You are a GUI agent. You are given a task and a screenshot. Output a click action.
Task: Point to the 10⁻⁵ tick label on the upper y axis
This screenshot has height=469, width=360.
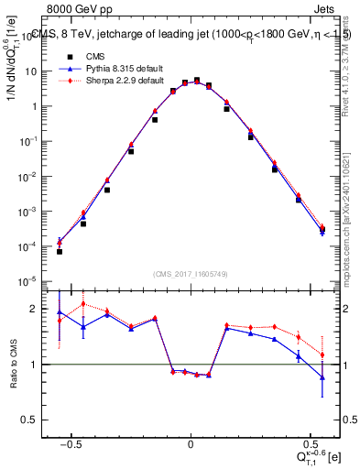35,280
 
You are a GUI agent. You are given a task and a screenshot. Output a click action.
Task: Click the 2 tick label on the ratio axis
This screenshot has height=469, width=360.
40,309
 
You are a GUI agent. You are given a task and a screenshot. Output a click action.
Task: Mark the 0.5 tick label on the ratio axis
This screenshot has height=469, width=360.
37,420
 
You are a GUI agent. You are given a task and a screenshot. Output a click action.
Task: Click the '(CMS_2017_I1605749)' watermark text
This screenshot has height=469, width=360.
191,275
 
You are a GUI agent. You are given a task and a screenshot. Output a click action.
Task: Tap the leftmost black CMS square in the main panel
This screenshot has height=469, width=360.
60,250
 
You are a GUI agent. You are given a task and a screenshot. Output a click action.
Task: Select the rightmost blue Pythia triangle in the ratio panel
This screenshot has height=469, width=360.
322,376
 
